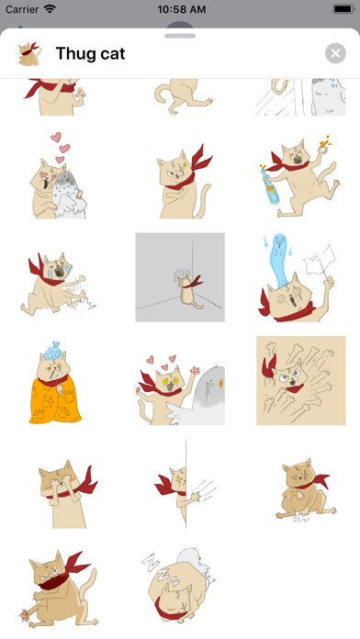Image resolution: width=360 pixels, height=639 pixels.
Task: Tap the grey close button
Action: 335,53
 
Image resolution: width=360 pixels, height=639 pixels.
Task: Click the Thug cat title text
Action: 90,53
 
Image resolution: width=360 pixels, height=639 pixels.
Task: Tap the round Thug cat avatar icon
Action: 31,53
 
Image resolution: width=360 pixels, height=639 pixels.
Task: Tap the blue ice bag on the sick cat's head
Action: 52,349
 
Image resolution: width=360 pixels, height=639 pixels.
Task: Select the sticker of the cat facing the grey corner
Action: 180,277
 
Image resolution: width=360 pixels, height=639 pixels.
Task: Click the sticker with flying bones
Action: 301,381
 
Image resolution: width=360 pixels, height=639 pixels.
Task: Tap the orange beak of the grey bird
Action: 220,384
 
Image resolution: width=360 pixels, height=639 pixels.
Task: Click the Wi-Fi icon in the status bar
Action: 51,9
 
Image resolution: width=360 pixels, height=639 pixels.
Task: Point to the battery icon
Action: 343,9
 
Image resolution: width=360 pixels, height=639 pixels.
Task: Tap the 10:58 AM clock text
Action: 182,9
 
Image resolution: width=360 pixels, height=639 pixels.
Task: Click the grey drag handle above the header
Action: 180,36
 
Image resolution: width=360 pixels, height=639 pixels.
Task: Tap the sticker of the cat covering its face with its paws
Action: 68,494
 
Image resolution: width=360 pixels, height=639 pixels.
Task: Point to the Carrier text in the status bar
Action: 22,9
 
